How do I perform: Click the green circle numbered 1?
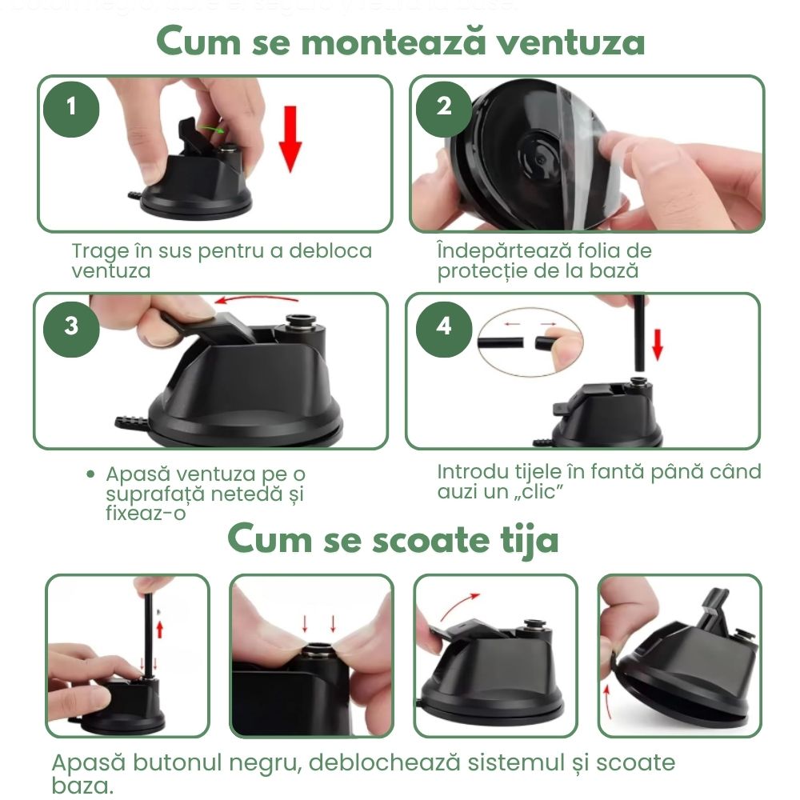click(72, 106)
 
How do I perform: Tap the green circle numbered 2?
click(444, 106)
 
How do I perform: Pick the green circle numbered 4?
click(444, 326)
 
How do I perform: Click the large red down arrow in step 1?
click(290, 138)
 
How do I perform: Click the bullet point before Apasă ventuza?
click(92, 474)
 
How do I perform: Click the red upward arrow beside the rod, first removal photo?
click(159, 629)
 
